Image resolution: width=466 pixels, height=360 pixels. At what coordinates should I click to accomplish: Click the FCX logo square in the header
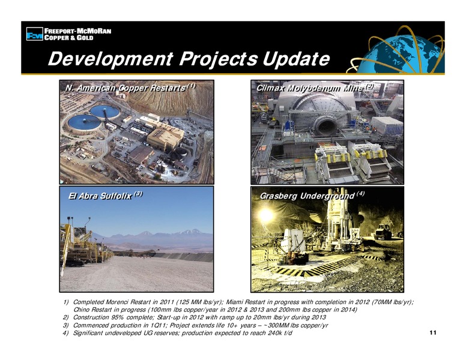35,34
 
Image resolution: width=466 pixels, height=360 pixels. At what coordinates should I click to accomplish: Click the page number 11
433,332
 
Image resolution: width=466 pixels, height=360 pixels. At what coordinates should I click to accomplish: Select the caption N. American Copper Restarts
125,88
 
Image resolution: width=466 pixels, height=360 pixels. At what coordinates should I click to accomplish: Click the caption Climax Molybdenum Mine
309,88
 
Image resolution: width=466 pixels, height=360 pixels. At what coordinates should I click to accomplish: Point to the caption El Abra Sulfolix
100,196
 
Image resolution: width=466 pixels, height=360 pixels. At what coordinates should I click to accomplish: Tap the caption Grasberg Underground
307,196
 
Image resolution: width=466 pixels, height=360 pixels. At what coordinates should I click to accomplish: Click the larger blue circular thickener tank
85,123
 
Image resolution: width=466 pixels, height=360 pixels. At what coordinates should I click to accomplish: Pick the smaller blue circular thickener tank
104,112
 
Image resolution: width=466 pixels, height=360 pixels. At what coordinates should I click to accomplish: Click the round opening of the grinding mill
326,125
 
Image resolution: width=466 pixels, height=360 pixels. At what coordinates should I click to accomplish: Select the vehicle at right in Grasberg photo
383,232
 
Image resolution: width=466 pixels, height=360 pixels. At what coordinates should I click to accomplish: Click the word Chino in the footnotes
80,310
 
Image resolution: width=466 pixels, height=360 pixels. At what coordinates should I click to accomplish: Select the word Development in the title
110,59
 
